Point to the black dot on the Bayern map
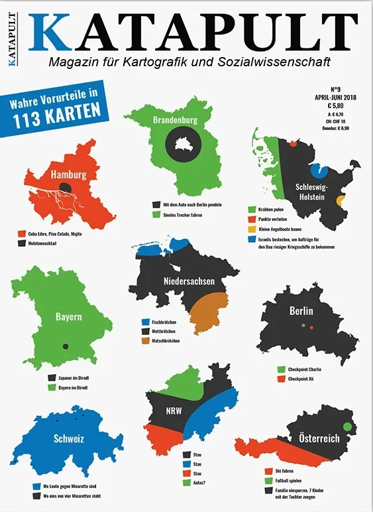65,346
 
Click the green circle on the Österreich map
346,426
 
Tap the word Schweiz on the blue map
68,438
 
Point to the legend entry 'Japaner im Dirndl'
70,377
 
